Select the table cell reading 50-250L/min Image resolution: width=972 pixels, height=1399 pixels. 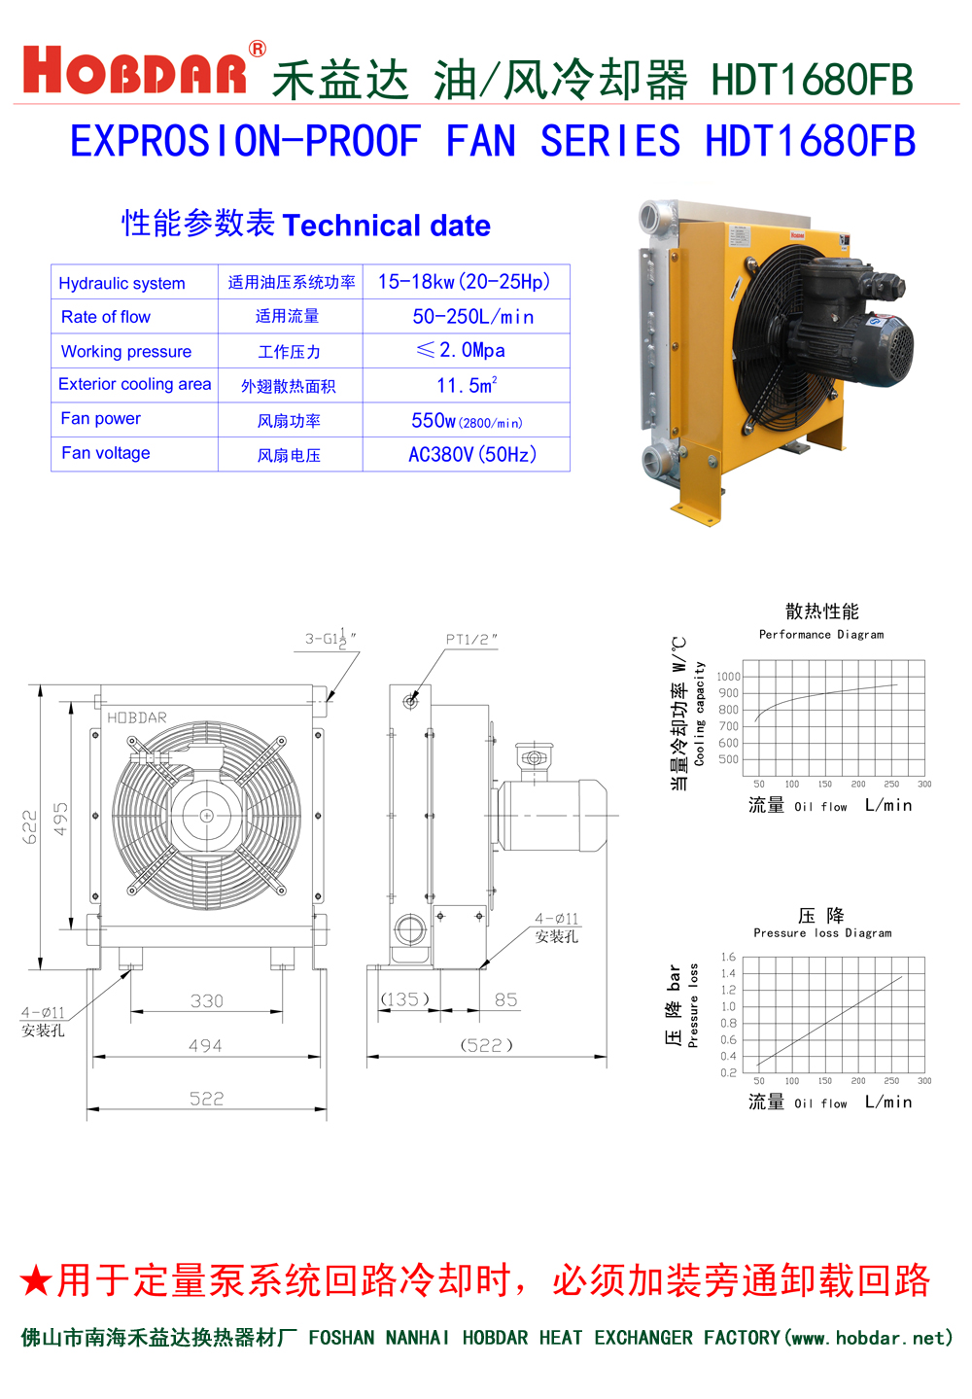472,317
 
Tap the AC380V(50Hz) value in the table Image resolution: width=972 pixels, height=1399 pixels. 472,454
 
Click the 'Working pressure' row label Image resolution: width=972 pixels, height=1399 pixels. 126,351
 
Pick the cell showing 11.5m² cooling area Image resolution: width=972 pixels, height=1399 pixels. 467,385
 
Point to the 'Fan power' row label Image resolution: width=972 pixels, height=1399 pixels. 101,419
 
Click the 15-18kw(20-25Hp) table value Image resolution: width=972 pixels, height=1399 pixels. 465,282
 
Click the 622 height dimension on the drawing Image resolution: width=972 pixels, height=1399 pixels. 30,825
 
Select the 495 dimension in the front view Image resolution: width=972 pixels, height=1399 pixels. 61,819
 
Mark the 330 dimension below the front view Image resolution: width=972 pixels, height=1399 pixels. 207,1000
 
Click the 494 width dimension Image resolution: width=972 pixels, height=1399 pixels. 205,1045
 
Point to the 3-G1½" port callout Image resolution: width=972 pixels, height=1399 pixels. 330,638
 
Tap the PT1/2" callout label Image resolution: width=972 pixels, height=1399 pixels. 471,639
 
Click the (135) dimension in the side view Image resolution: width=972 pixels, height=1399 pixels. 404,999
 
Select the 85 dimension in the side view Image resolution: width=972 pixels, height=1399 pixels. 506,999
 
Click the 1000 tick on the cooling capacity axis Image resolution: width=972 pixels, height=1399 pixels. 728,677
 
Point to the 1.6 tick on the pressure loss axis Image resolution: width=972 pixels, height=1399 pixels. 728,958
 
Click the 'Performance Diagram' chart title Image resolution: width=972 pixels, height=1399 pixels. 821,634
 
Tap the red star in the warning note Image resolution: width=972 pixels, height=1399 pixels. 36,1280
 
